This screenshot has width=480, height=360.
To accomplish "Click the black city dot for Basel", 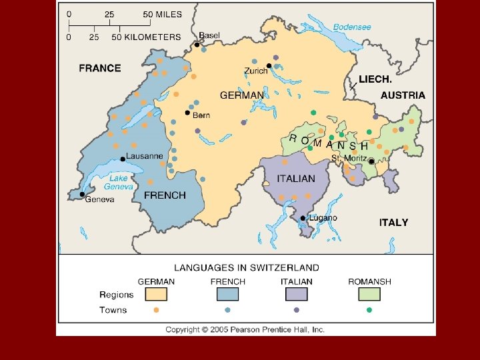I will point(197,45).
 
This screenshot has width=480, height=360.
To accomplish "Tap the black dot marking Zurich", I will point(269,65).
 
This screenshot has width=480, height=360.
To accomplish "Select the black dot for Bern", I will point(187,113).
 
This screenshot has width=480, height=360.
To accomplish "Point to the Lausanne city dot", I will point(123,159).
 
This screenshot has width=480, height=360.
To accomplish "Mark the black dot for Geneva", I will point(82,195).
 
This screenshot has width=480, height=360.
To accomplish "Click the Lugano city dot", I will point(303,218).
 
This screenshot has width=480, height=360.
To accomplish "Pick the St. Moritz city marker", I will point(371,161).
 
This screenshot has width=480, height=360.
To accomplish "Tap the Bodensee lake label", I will point(351,27).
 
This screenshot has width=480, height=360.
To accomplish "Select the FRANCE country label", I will point(100,68).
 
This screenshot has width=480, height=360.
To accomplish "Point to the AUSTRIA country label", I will point(403,95).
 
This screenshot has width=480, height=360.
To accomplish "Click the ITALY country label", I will point(393,222).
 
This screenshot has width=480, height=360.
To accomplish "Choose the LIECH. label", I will point(375,79).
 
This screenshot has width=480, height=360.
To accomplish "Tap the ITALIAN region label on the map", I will point(296,179).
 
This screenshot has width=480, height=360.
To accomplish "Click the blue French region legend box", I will point(228,294).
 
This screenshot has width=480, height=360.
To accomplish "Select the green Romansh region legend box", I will point(369,294).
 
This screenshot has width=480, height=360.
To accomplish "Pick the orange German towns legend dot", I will point(156,310).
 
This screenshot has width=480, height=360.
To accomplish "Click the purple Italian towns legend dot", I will point(297,310).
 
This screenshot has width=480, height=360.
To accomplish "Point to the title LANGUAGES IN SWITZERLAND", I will point(247,268).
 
